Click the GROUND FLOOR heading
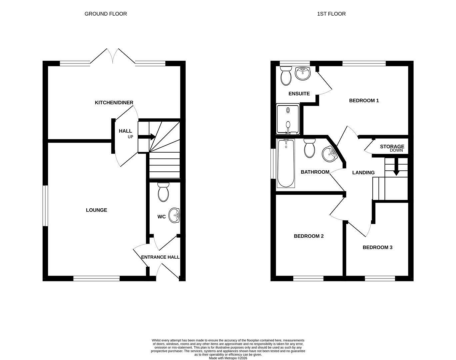pyautogui.click(x=106, y=14)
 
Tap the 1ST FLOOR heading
pyautogui.click(x=331, y=14)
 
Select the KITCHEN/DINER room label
pyautogui.click(x=114, y=103)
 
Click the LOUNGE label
pyautogui.click(x=96, y=210)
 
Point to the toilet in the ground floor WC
pyautogui.click(x=163, y=192)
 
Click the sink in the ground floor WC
pyautogui.click(x=174, y=215)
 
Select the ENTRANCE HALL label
pyautogui.click(x=160, y=257)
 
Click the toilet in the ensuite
pyautogui.click(x=286, y=76)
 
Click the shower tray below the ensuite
pyautogui.click(x=288, y=119)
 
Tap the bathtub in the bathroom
pyautogui.click(x=286, y=163)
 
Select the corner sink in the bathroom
pyautogui.click(x=329, y=154)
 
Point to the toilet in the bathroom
pyautogui.click(x=309, y=148)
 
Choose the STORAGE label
pyautogui.click(x=392, y=146)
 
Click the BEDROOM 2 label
pyautogui.click(x=309, y=236)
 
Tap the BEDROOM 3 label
pyautogui.click(x=377, y=247)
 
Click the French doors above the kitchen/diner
pyautogui.click(x=113, y=56)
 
